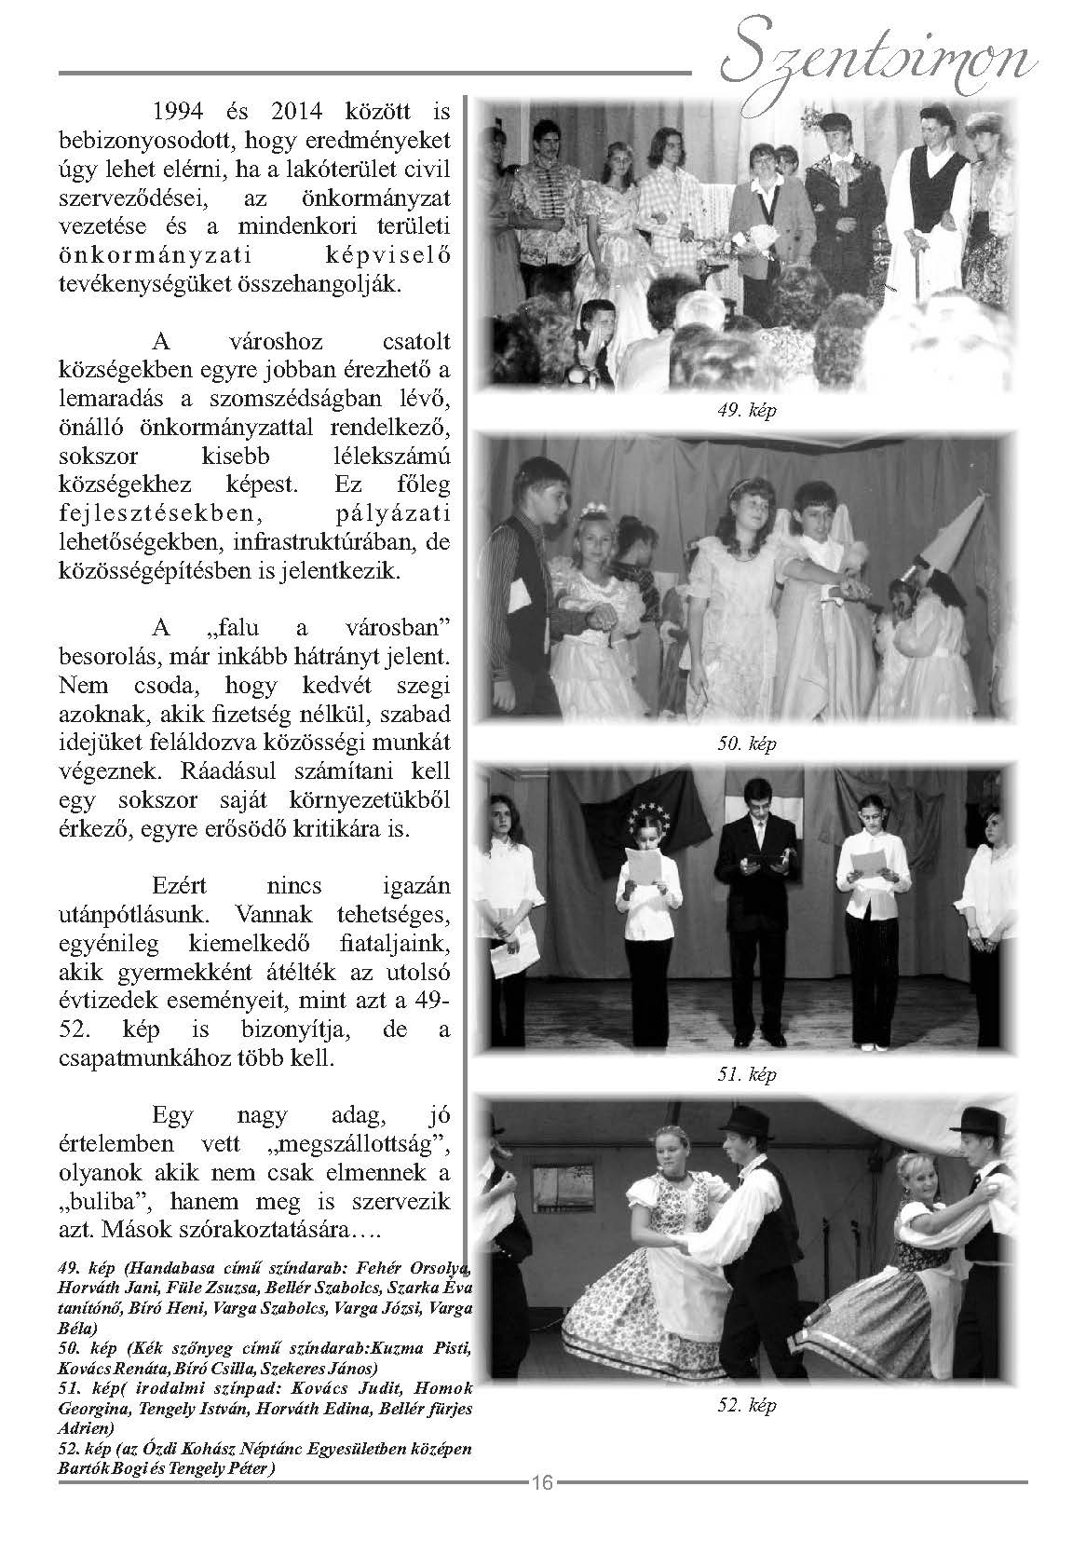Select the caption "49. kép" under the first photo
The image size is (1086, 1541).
(747, 411)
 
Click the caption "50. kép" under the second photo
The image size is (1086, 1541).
(747, 743)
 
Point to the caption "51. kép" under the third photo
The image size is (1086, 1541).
(747, 1074)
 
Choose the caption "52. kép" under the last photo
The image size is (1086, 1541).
(747, 1405)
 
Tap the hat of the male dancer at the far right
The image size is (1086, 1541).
(987, 1118)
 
